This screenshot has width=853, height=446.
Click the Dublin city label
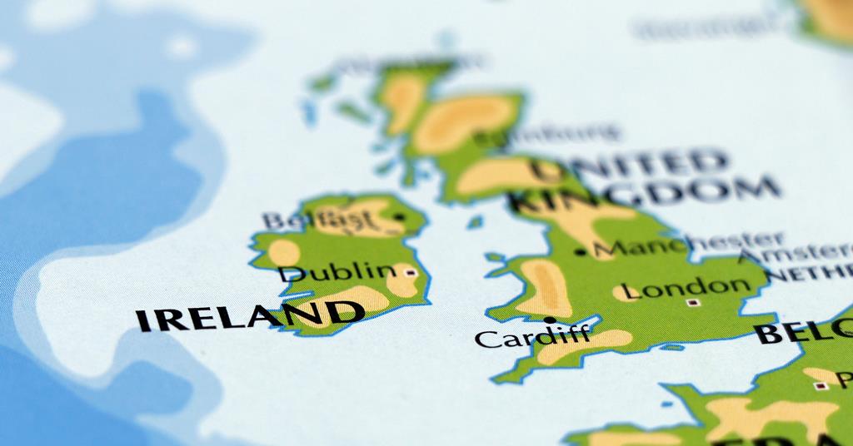[x=337, y=272]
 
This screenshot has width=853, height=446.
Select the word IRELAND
[x=249, y=316]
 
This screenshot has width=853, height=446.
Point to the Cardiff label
[x=531, y=338]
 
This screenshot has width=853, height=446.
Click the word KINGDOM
[x=646, y=195]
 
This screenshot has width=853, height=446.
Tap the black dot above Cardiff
[x=549, y=320]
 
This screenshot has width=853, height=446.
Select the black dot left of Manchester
[x=580, y=250]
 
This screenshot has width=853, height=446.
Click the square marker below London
[x=691, y=303]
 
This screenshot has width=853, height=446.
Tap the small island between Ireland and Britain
[x=475, y=222]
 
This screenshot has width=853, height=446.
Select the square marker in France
[x=821, y=385]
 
